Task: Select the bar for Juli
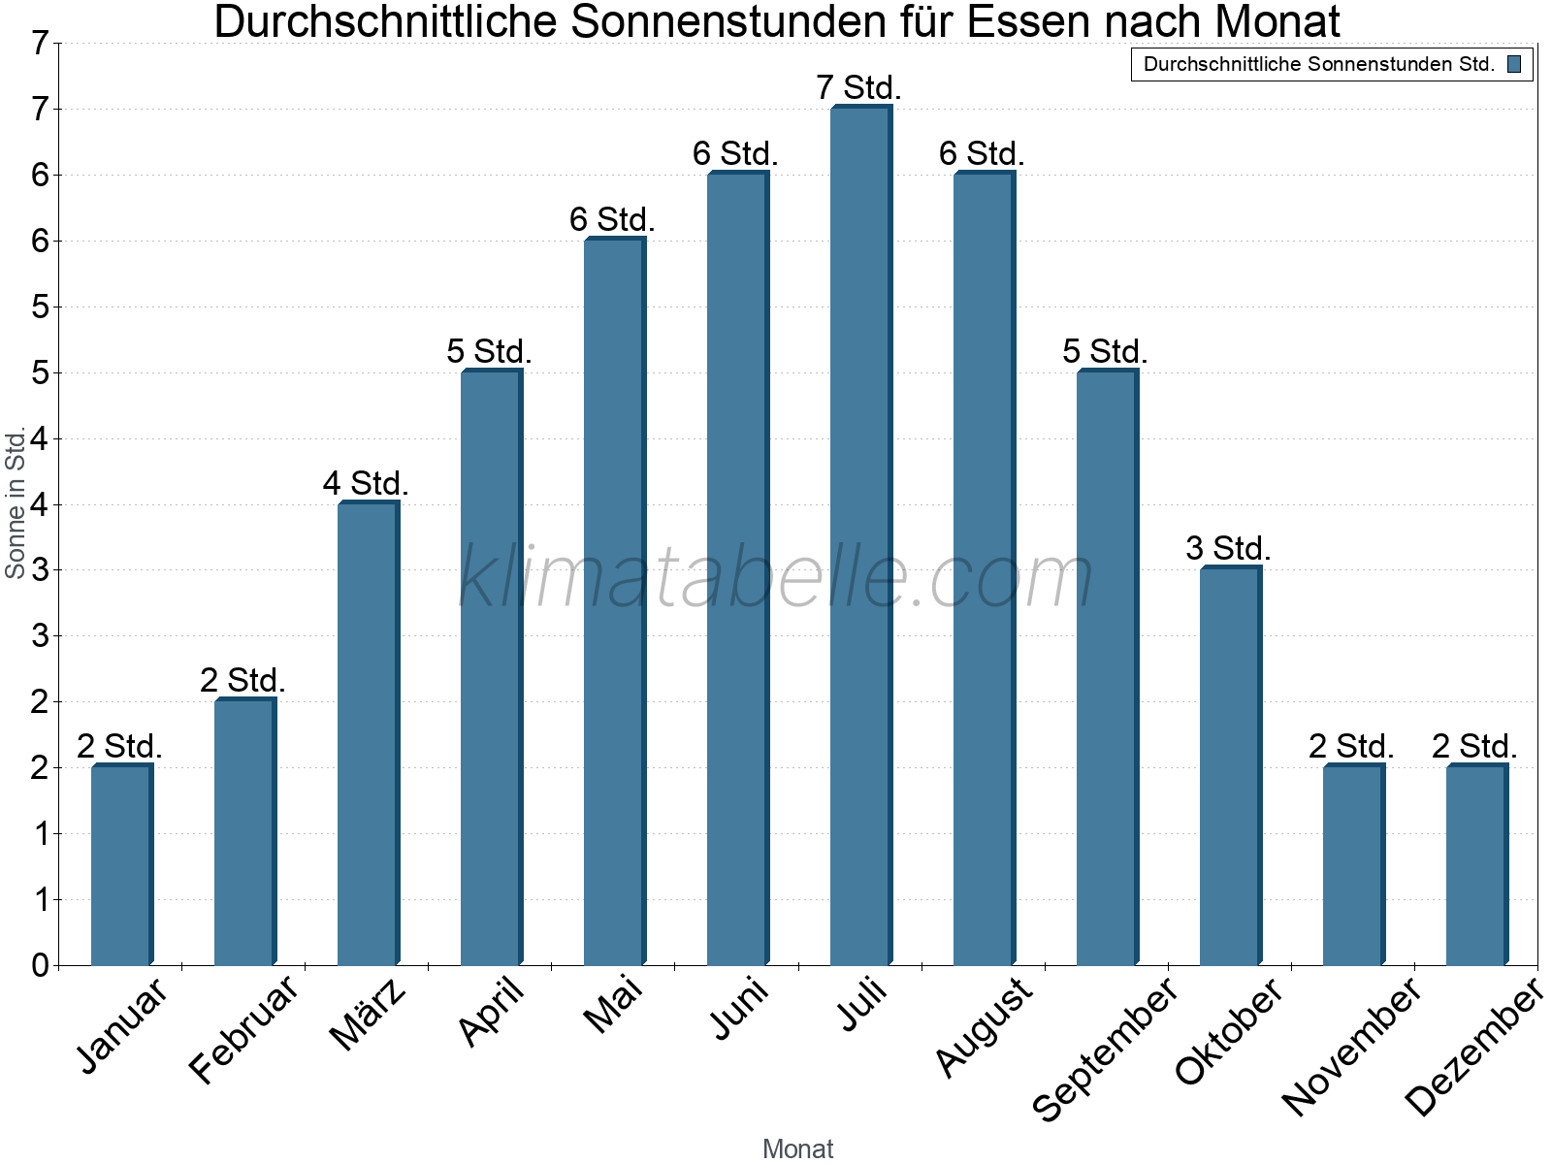pyautogui.click(x=860, y=535)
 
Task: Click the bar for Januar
pyautogui.click(x=121, y=865)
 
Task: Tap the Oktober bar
pyautogui.click(x=1230, y=766)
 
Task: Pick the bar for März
pyautogui.click(x=368, y=733)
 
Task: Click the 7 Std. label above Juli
pyautogui.click(x=859, y=87)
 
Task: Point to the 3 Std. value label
pyautogui.click(x=1228, y=548)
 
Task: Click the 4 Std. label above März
pyautogui.click(x=366, y=483)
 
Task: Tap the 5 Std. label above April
pyautogui.click(x=489, y=351)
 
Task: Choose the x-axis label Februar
pyautogui.click(x=242, y=1030)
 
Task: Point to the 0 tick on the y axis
pyautogui.click(x=40, y=965)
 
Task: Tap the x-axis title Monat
pyautogui.click(x=797, y=1148)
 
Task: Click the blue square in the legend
pyautogui.click(x=1514, y=65)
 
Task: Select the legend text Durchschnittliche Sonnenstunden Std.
pyautogui.click(x=1318, y=65)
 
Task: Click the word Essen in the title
pyautogui.click(x=1027, y=21)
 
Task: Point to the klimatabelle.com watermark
pyautogui.click(x=776, y=577)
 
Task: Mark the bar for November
pyautogui.click(x=1353, y=865)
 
